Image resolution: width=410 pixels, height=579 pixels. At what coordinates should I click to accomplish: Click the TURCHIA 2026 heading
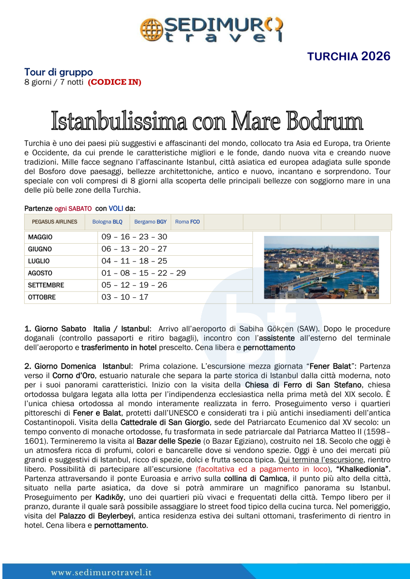(x=348, y=56)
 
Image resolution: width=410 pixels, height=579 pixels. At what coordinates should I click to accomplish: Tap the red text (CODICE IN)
(x=114, y=82)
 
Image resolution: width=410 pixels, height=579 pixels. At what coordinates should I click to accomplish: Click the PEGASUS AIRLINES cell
(x=55, y=222)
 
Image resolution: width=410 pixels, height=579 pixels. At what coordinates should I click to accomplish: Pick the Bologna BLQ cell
(x=107, y=222)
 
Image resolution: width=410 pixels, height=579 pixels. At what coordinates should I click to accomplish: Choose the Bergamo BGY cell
(x=150, y=222)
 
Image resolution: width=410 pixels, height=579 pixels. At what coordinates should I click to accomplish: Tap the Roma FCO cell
(x=187, y=222)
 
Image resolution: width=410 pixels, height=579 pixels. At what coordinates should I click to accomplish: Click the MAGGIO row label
(x=41, y=237)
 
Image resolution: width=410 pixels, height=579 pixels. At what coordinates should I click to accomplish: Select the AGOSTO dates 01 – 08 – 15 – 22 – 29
(x=144, y=273)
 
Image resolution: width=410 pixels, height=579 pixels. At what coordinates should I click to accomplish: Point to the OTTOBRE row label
(x=42, y=297)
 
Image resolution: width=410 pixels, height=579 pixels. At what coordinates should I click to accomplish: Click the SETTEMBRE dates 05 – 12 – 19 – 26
(x=134, y=285)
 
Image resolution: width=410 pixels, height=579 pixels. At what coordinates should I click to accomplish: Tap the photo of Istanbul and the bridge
(x=321, y=267)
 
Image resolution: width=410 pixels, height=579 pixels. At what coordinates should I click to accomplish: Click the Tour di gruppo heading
(x=59, y=72)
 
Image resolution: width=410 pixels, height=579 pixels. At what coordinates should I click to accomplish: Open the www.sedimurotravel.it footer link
(x=101, y=573)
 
